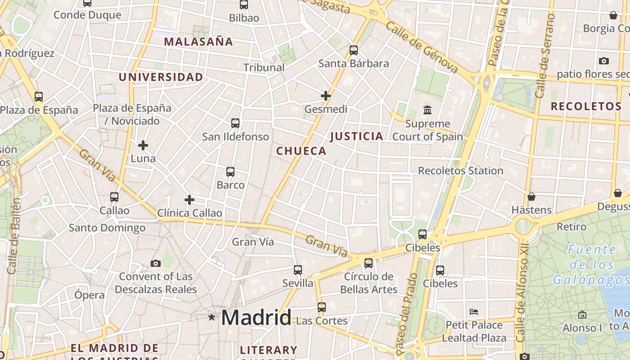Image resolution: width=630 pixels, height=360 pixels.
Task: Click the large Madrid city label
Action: tap(256, 318)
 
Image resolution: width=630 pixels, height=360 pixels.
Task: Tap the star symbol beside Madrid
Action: tap(211, 317)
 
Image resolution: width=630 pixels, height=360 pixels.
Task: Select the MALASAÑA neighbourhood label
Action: tap(198, 42)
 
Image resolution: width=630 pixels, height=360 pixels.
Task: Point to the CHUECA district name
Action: tap(301, 151)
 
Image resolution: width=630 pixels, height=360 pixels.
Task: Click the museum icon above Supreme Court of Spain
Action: tap(427, 110)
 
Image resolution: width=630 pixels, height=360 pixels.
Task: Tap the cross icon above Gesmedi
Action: tap(326, 96)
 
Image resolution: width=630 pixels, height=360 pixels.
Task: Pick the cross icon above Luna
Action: tap(143, 145)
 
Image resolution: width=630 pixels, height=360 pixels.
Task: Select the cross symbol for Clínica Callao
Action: tap(189, 200)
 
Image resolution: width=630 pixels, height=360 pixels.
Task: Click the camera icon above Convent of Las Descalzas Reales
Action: tap(156, 263)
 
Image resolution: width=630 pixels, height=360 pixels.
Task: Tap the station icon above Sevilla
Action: tap(297, 270)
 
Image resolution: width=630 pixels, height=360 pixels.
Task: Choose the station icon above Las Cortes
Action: tap(321, 307)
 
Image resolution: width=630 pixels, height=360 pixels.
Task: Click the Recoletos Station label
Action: tap(461, 171)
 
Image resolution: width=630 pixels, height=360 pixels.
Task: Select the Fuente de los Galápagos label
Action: tap(591, 265)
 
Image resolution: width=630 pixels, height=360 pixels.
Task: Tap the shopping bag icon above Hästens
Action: tap(531, 197)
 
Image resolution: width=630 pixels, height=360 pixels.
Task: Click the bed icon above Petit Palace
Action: tap(474, 311)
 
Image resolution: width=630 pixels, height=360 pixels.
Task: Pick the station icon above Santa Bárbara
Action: tap(354, 50)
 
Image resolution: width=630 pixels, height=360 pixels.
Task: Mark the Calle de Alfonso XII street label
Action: tap(522, 297)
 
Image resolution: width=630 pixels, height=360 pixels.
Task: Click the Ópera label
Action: tap(90, 295)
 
